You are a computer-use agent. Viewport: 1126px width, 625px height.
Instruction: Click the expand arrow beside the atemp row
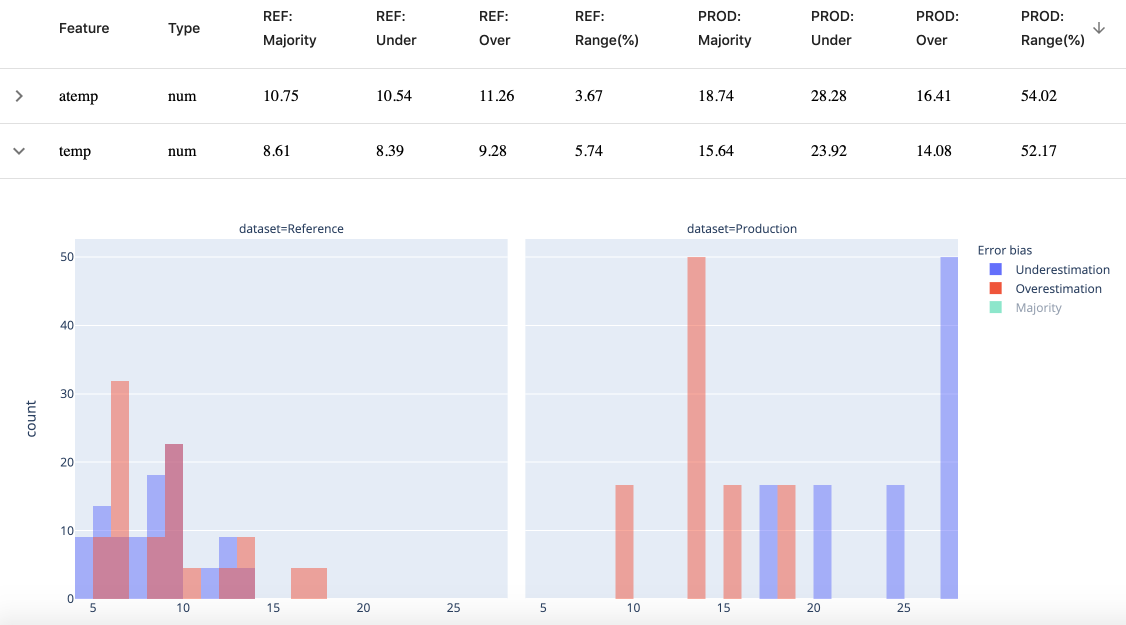[19, 96]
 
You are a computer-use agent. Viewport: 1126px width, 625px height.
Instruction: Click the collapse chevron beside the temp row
[19, 151]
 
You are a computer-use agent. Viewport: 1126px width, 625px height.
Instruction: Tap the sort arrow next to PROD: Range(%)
[1098, 28]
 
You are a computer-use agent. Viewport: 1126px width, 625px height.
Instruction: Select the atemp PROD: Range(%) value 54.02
[1038, 96]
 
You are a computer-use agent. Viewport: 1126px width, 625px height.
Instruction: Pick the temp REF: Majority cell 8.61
[276, 151]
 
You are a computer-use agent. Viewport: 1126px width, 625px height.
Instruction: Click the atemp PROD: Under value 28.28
[828, 96]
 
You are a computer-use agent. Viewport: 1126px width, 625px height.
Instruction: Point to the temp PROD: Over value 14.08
[933, 151]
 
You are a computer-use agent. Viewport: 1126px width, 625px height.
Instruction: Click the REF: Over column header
[494, 28]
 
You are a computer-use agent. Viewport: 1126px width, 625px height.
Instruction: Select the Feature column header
[84, 28]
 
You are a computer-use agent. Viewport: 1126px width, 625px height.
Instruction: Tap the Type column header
[184, 28]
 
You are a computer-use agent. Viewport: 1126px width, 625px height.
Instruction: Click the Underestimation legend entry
[1062, 270]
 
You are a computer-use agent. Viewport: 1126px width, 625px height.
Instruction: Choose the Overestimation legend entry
[1058, 289]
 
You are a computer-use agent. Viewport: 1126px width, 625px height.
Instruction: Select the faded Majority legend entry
[1038, 308]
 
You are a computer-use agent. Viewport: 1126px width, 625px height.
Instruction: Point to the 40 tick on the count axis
[67, 325]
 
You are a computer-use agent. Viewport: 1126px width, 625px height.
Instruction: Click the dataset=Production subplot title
[741, 229]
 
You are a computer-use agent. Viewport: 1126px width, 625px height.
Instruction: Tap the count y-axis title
[31, 418]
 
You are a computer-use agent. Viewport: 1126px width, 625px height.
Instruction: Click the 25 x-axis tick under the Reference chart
[453, 608]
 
